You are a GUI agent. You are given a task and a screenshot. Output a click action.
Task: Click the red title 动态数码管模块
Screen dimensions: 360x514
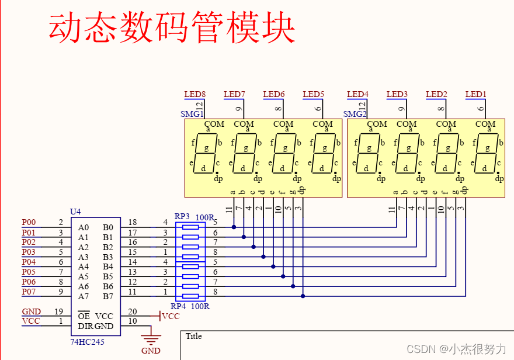click(x=171, y=27)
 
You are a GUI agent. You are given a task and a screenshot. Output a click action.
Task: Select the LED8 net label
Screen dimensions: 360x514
click(x=195, y=94)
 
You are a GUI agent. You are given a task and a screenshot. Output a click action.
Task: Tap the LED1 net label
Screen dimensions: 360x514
click(x=475, y=94)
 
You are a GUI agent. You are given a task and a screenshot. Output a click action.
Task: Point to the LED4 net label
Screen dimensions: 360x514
click(x=357, y=94)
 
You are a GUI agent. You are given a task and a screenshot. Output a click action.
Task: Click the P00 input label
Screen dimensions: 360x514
click(x=29, y=222)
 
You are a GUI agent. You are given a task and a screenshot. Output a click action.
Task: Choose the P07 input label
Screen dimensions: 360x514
click(x=29, y=291)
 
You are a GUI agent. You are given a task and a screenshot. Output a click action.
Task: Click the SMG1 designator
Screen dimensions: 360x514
click(x=192, y=114)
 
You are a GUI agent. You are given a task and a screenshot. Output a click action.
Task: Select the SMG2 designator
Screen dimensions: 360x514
click(x=355, y=114)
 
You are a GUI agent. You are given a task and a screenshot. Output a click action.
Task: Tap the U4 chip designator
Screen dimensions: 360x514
click(x=75, y=212)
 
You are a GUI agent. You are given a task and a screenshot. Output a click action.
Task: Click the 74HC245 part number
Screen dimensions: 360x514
click(x=88, y=341)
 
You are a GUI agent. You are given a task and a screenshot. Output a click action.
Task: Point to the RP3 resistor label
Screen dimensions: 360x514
click(x=182, y=216)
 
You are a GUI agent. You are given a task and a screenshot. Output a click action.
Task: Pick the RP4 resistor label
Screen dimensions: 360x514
click(x=178, y=306)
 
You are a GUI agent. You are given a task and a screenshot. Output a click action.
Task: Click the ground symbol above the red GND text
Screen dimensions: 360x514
click(x=151, y=339)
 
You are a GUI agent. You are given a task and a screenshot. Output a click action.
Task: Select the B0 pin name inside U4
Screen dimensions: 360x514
click(x=108, y=227)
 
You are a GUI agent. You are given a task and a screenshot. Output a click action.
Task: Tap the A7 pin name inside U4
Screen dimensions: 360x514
click(x=84, y=296)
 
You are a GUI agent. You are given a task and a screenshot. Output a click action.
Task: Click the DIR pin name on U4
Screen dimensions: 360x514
click(x=85, y=326)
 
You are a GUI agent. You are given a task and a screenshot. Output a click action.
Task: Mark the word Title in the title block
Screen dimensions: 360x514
click(x=193, y=336)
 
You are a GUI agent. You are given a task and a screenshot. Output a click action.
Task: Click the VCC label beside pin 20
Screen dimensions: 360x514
click(x=171, y=316)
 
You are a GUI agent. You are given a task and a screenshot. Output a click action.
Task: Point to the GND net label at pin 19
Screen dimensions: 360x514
click(x=31, y=311)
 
